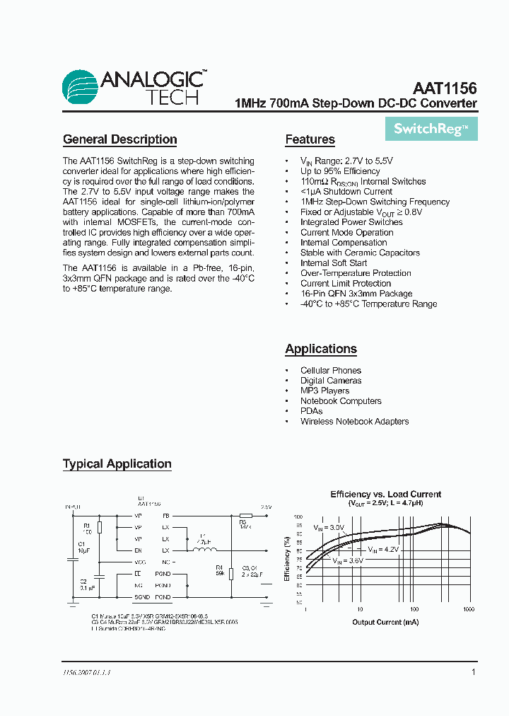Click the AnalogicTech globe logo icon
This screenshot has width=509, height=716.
click(81, 88)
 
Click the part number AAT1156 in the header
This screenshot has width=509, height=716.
click(445, 89)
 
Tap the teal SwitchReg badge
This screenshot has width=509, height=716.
click(431, 129)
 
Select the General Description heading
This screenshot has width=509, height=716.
click(119, 139)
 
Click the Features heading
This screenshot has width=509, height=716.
click(310, 139)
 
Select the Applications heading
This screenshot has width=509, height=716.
click(321, 349)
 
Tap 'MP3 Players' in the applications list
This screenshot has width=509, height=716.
click(324, 391)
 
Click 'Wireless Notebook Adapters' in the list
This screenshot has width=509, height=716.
click(354, 422)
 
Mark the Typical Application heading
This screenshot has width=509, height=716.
click(117, 464)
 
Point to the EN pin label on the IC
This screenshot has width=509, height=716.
click(138, 550)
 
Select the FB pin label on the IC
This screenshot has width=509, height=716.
click(166, 516)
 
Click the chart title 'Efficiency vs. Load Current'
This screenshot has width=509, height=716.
click(385, 495)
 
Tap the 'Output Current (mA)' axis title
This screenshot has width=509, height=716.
click(385, 623)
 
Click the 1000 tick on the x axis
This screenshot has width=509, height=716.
click(468, 609)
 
